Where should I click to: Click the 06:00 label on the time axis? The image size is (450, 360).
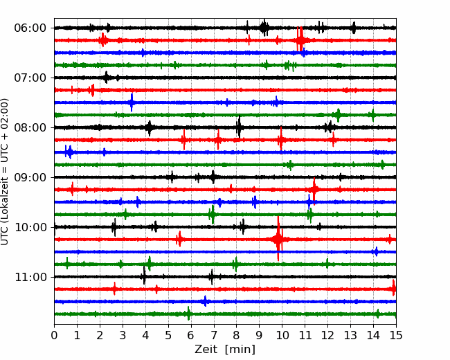pyautogui.click(x=30, y=28)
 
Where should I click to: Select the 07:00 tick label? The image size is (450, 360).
pyautogui.click(x=30, y=78)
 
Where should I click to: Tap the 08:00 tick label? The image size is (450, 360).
pyautogui.click(x=30, y=127)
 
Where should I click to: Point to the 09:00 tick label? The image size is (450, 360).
pyautogui.click(x=30, y=177)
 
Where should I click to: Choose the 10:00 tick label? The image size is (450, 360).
pyautogui.click(x=30, y=227)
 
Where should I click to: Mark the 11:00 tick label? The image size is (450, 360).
pyautogui.click(x=30, y=277)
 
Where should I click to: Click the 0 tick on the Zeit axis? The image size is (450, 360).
pyautogui.click(x=54, y=335)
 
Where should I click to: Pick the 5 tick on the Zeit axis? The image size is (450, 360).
pyautogui.click(x=168, y=335)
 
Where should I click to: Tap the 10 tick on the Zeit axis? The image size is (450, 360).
pyautogui.click(x=282, y=335)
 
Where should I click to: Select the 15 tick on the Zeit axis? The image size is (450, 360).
pyautogui.click(x=396, y=335)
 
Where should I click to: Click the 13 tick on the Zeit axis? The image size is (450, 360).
pyautogui.click(x=350, y=335)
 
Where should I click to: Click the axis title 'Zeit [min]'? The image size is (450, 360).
pyautogui.click(x=225, y=349)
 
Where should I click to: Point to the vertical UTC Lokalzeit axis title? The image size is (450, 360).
pyautogui.click(x=4, y=172)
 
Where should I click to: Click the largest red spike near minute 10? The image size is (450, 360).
pyautogui.click(x=278, y=239)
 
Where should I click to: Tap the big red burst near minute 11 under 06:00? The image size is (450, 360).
pyautogui.click(x=300, y=39)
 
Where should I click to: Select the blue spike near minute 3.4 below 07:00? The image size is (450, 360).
pyautogui.click(x=132, y=102)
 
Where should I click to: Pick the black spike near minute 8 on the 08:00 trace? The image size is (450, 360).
pyautogui.click(x=239, y=127)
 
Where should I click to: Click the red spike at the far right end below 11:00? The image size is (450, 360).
pyautogui.click(x=394, y=288)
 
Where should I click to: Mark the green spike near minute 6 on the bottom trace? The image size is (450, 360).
pyautogui.click(x=188, y=314)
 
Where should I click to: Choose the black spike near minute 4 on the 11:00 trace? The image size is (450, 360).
pyautogui.click(x=144, y=276)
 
